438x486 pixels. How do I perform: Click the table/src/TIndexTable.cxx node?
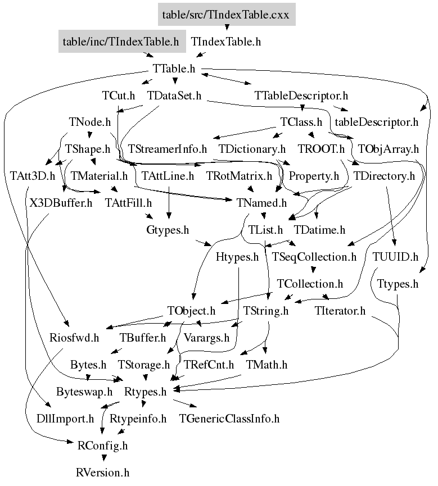(225, 15)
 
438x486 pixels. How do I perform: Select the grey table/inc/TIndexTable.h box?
(120, 42)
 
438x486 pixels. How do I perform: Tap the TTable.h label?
(174, 69)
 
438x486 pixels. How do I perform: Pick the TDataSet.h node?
(174, 96)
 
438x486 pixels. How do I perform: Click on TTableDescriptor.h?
(301, 96)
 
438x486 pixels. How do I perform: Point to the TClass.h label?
(301, 122)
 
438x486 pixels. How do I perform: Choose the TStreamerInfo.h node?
(168, 149)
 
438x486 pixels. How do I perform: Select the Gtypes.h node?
(167, 230)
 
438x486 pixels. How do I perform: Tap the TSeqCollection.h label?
(314, 257)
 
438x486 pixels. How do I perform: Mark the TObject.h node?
(191, 311)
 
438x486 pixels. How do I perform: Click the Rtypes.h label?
(145, 392)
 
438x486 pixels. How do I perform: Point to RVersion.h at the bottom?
(103, 473)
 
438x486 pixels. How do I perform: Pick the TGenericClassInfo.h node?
(229, 419)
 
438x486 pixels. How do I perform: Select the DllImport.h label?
(65, 419)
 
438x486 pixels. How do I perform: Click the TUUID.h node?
(396, 257)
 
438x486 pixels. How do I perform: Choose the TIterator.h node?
(340, 311)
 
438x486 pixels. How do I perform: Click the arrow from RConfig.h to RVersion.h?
(103, 457)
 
